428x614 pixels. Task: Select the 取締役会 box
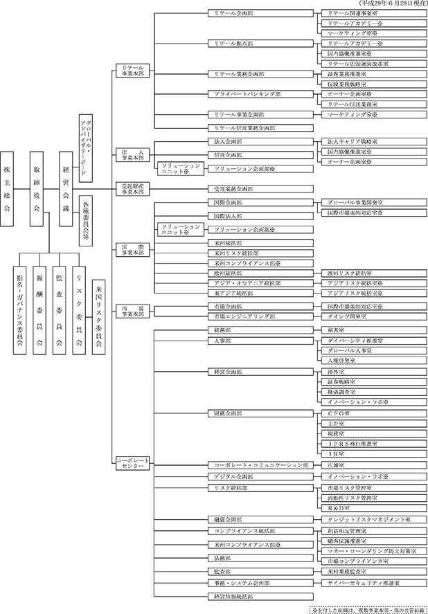tap(38, 188)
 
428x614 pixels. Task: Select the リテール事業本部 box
tap(130, 70)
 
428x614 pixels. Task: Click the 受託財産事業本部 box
tap(130, 188)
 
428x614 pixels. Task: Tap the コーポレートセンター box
tap(130, 463)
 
